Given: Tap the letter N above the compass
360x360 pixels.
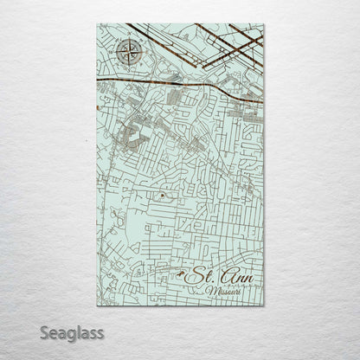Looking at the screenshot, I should (x=127, y=38).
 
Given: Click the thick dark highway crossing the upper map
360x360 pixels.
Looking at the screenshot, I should (x=173, y=83).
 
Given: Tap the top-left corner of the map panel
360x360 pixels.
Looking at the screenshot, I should (x=97, y=24).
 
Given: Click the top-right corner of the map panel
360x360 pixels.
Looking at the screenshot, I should (x=263, y=24).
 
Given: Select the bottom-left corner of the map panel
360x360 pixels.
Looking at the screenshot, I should (x=97, y=305).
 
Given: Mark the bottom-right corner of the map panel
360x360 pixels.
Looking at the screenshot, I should (x=263, y=305).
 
